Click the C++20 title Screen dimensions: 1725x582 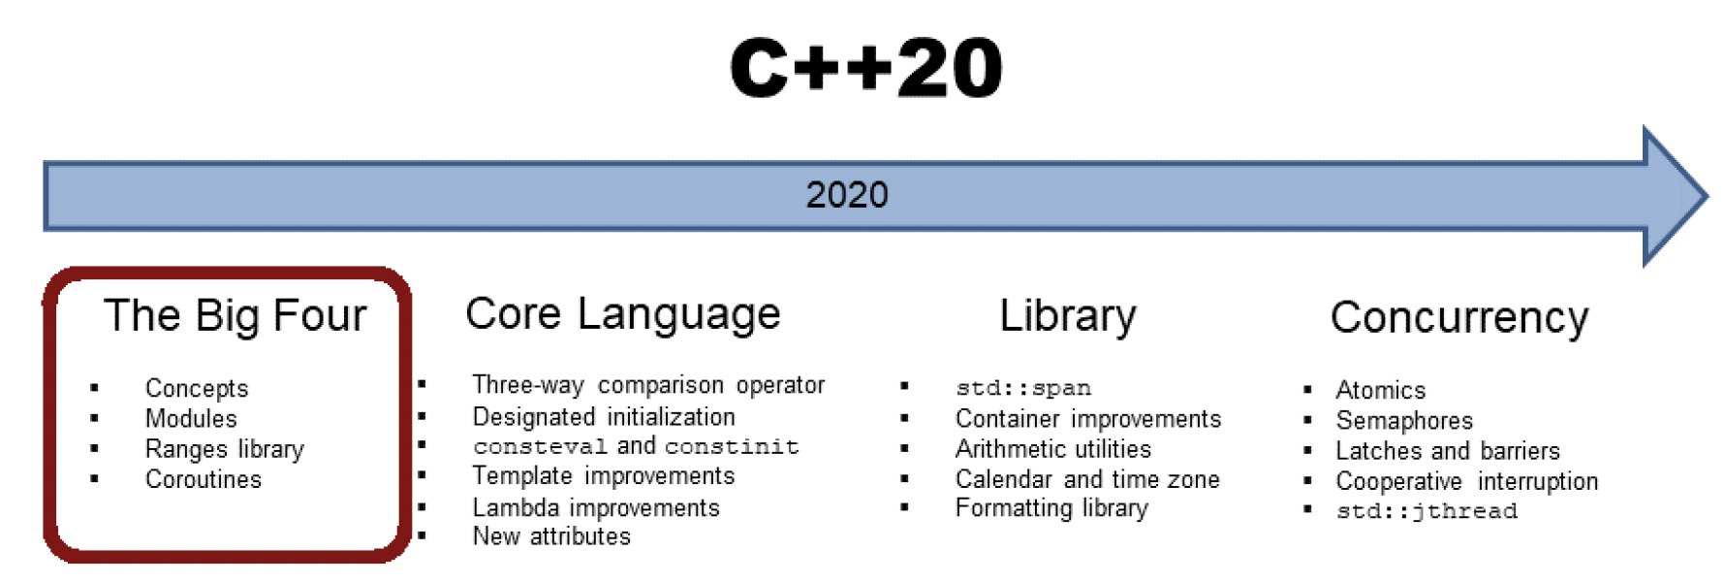pyautogui.click(x=866, y=68)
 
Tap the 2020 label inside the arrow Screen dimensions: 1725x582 pyautogui.click(x=847, y=195)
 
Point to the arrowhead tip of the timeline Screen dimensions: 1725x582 pyautogui.click(x=1707, y=196)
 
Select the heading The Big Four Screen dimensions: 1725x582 pyautogui.click(x=235, y=315)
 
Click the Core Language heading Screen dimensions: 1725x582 pyautogui.click(x=623, y=314)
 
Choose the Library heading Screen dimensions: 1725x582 pyautogui.click(x=1068, y=316)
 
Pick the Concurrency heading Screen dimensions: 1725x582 pyautogui.click(x=1459, y=317)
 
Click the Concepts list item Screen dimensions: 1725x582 pyautogui.click(x=197, y=388)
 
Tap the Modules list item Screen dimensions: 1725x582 pyautogui.click(x=191, y=418)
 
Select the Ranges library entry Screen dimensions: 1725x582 pyautogui.click(x=225, y=449)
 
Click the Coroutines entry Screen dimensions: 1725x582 pyautogui.click(x=204, y=479)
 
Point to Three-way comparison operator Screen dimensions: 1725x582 pyautogui.click(x=648, y=385)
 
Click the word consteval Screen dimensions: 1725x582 pyautogui.click(x=540, y=446)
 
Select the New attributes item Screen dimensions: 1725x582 pyautogui.click(x=551, y=536)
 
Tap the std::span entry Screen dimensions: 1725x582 pyautogui.click(x=1023, y=388)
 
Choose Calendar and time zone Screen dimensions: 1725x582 pyautogui.click(x=1087, y=479)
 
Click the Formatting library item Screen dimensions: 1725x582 pyautogui.click(x=1051, y=508)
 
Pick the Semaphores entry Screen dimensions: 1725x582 pyautogui.click(x=1404, y=421)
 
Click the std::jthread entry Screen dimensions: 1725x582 pyautogui.click(x=1427, y=511)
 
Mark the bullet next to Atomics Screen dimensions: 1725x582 pyautogui.click(x=1307, y=390)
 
